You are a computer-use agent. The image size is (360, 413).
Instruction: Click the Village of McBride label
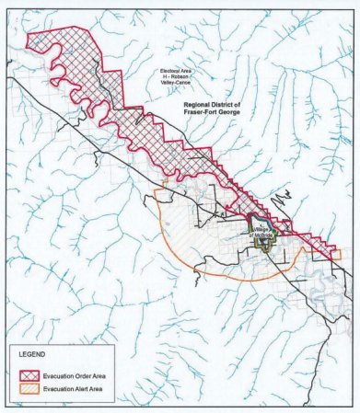tap(262, 232)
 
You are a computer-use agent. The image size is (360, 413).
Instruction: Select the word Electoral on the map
tap(168, 70)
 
